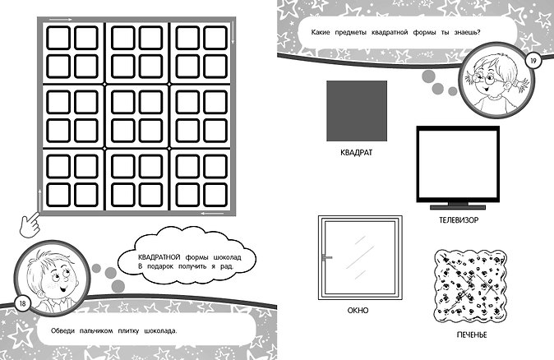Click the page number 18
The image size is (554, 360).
[x=23, y=304]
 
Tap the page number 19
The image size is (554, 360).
[x=533, y=61]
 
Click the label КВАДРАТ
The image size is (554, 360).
[x=356, y=153]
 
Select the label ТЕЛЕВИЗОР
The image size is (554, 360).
[x=459, y=220]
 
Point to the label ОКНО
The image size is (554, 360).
[x=358, y=311]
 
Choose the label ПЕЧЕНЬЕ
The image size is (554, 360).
[x=472, y=335]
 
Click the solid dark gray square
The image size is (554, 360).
[x=357, y=111]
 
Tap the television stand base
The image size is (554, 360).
[x=458, y=207]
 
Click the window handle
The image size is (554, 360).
[x=327, y=257]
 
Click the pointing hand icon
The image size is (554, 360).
[x=30, y=224]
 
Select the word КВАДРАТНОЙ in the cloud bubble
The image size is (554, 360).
[x=159, y=256]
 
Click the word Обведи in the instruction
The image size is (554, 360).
[x=63, y=331]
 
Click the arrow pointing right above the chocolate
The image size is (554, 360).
[x=61, y=20]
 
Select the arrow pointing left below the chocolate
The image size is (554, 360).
[x=212, y=213]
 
